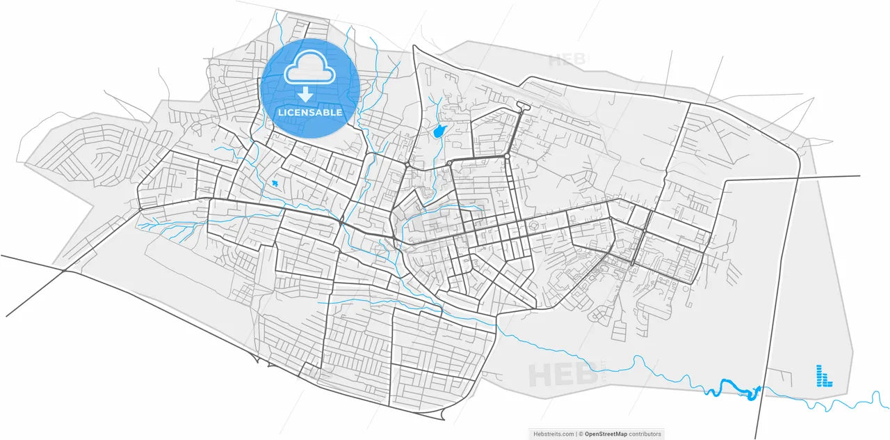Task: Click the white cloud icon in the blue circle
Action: point(309,68)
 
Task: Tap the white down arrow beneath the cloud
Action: point(305,95)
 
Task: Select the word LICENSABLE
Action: point(309,112)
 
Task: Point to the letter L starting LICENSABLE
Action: point(280,112)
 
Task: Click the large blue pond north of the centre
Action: point(439,131)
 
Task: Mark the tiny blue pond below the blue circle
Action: point(275,183)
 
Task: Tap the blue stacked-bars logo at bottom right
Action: point(823,376)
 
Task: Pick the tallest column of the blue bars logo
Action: point(819,375)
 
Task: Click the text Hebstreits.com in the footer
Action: point(553,434)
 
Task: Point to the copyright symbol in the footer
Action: point(581,434)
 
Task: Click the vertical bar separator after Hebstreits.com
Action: point(576,434)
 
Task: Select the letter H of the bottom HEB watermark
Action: point(540,376)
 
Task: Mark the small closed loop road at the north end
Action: point(523,107)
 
